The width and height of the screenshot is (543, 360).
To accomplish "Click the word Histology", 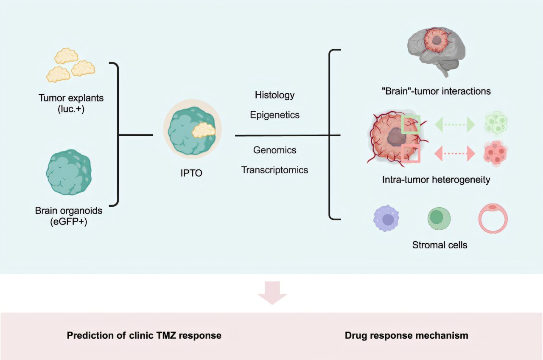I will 274,95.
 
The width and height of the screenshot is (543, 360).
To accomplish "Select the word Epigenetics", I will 274,115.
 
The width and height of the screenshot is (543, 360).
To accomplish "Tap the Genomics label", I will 274,150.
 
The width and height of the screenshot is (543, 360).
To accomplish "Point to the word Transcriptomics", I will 274,170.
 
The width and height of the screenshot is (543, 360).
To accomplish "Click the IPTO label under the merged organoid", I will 191,173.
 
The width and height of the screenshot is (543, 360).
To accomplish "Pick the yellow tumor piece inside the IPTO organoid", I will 204,130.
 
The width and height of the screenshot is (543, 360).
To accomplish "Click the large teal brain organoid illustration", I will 68,172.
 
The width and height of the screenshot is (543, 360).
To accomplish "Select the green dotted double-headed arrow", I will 455,124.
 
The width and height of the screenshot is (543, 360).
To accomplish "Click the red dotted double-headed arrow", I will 455,153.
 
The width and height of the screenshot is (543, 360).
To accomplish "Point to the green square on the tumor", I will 411,124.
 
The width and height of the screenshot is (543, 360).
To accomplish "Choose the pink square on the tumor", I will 411,153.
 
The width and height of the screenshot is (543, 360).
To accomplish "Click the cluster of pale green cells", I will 495,124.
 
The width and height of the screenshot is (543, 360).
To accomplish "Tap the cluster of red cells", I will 495,153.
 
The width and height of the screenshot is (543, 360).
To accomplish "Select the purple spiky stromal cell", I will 387,219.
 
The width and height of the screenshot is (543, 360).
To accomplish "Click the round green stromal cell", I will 439,218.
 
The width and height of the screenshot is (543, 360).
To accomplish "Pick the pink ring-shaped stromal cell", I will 493,218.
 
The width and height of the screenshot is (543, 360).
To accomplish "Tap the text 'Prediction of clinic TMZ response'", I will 144,335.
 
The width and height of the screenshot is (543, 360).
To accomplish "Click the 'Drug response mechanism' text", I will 406,335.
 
